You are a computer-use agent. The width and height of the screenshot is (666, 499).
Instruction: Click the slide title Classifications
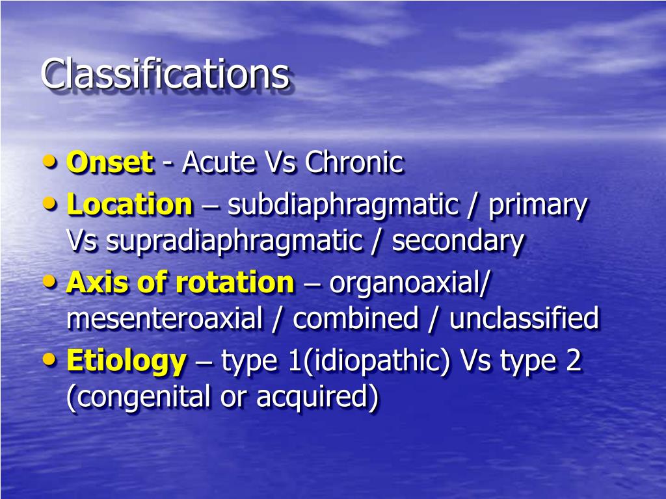click(x=165, y=74)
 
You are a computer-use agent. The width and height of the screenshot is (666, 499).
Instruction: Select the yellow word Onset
click(x=109, y=162)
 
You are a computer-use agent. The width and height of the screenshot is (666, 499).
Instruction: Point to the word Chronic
click(x=354, y=162)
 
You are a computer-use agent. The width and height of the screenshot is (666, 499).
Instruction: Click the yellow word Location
click(x=129, y=205)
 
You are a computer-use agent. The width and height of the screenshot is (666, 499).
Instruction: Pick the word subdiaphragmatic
click(x=343, y=205)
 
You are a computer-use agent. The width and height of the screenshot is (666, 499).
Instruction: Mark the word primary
click(x=537, y=205)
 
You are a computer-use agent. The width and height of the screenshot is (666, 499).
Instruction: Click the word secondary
click(x=457, y=242)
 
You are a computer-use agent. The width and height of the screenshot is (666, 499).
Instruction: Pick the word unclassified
click(x=524, y=319)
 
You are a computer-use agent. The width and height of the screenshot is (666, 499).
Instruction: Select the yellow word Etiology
click(x=126, y=361)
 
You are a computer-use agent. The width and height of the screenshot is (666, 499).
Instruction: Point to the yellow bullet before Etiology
click(x=52, y=359)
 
